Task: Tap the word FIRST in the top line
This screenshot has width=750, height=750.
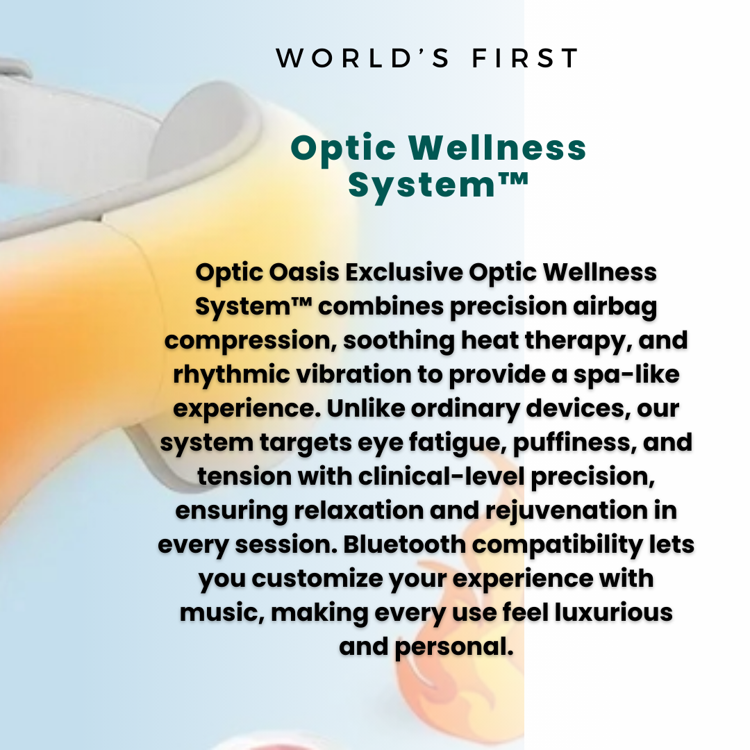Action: [x=525, y=59]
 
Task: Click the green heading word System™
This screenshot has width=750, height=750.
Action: [x=438, y=185]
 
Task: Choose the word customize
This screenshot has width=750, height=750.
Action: [x=317, y=578]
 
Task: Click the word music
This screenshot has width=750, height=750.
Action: [x=219, y=612]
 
